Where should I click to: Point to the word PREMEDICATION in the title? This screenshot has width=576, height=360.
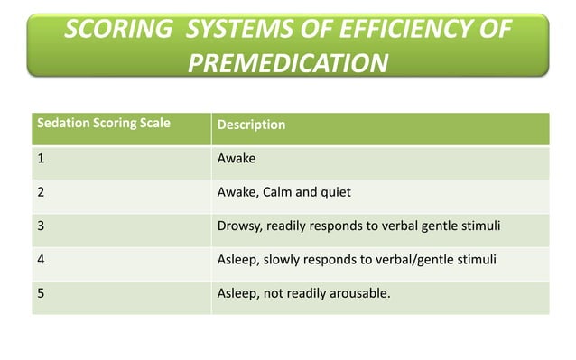pos(288,63)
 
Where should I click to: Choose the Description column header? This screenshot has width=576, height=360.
pos(251,125)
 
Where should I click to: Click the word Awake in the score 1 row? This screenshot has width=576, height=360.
pos(237,158)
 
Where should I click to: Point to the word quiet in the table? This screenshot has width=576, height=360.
pos(335,191)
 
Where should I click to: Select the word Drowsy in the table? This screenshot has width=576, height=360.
pos(238,225)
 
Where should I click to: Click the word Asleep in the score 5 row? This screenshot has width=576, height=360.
pos(237,292)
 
